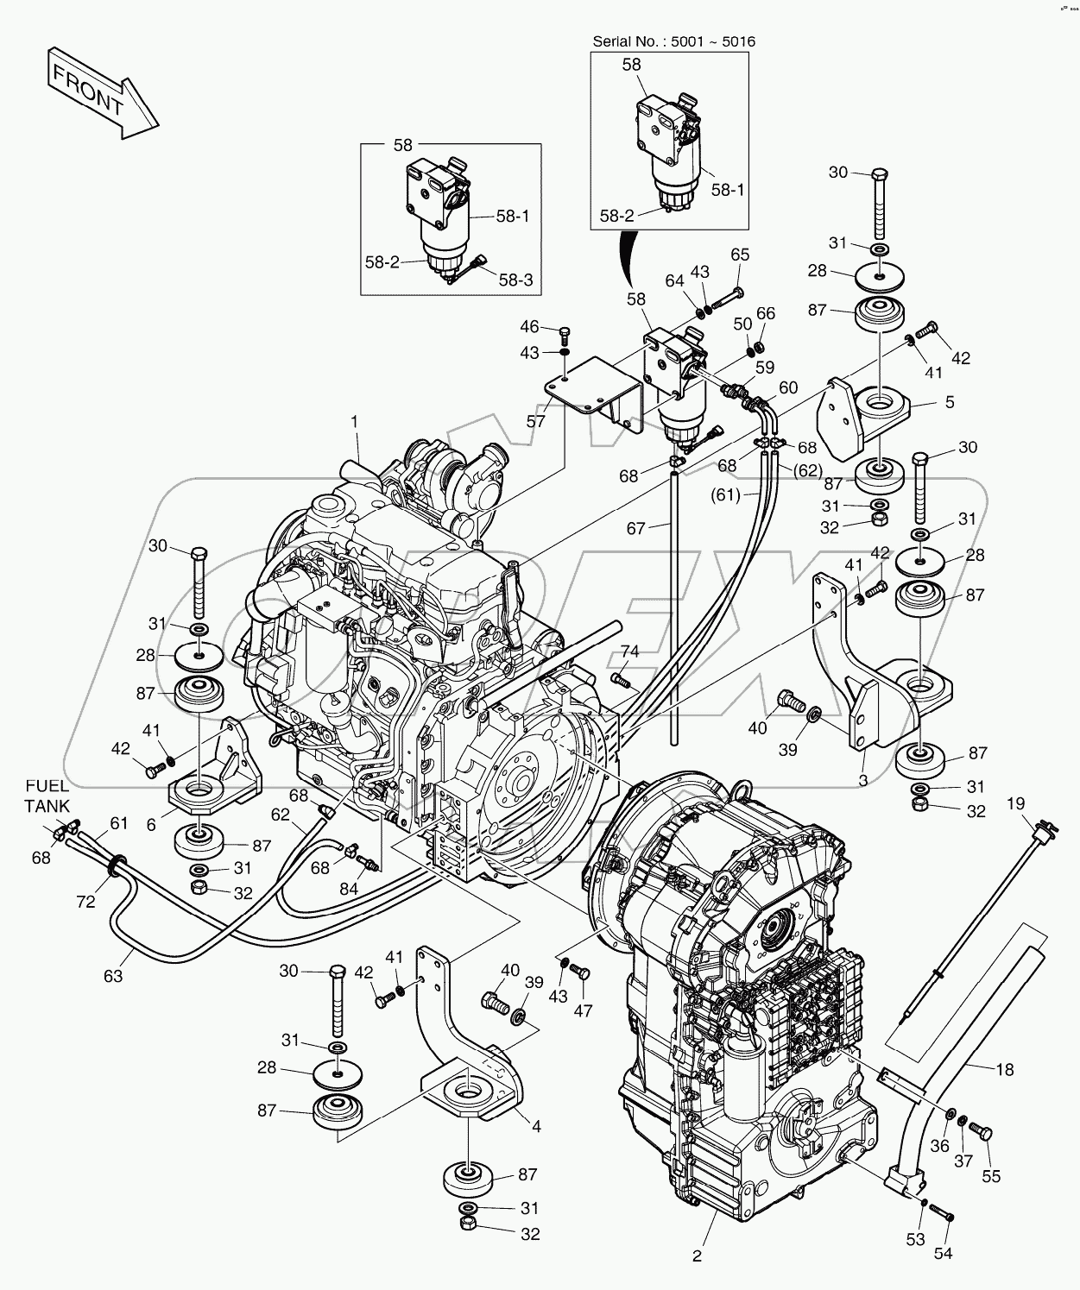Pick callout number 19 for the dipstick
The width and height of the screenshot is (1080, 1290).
click(x=1016, y=803)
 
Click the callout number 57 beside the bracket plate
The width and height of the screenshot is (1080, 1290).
click(x=536, y=421)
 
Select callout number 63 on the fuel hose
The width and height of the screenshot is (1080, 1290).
click(x=113, y=976)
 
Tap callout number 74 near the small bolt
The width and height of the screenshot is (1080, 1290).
click(x=631, y=652)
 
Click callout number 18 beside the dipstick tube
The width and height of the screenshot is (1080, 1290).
click(x=1004, y=1069)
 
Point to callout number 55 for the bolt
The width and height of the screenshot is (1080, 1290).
click(x=992, y=1175)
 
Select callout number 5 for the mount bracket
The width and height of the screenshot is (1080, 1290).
click(x=950, y=401)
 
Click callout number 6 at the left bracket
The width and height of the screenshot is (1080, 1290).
click(x=151, y=825)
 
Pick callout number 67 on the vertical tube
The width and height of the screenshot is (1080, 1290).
click(x=636, y=528)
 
